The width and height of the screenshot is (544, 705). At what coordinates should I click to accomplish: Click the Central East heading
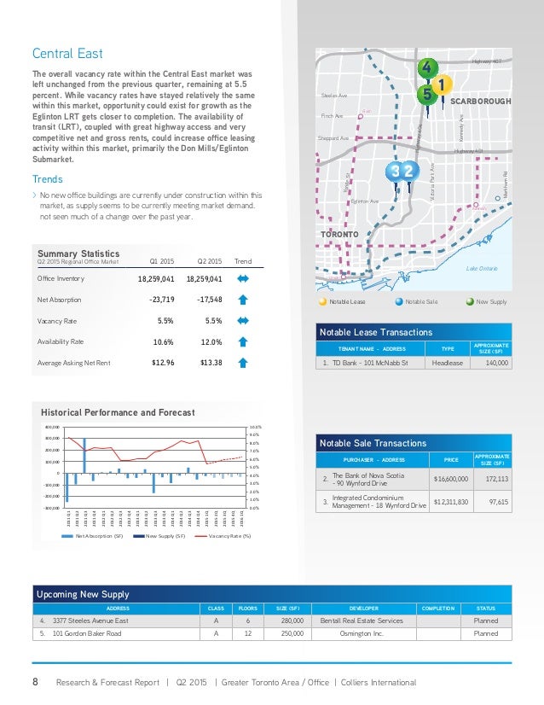pyautogui.click(x=67, y=54)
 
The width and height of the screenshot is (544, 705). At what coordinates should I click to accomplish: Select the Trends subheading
pyautogui.click(x=47, y=180)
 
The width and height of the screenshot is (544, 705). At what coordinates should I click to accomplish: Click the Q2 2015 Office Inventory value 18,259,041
pyautogui.click(x=204, y=278)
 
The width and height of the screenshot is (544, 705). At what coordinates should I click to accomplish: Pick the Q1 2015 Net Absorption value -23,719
pyautogui.click(x=157, y=300)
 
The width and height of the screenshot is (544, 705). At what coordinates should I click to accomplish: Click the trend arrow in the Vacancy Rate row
pyautogui.click(x=242, y=321)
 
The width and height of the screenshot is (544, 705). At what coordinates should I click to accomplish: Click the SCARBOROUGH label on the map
pyautogui.click(x=479, y=102)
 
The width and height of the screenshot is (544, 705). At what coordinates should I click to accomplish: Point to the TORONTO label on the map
pyautogui.click(x=342, y=233)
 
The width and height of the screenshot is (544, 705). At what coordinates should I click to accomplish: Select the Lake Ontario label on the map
pyautogui.click(x=482, y=268)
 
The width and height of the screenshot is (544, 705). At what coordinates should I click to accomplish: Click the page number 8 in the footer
pyautogui.click(x=36, y=682)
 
